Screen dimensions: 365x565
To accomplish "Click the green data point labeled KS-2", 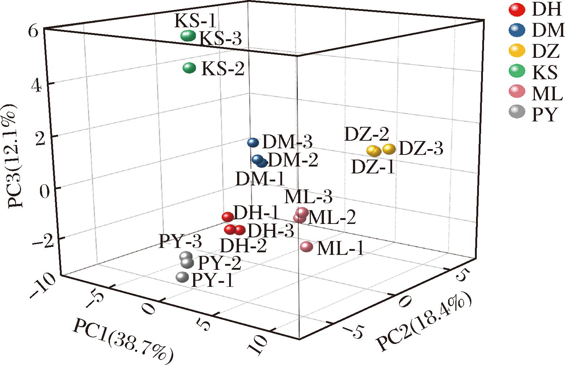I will pos(189,68).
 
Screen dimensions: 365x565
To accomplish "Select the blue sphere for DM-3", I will pos(253,143).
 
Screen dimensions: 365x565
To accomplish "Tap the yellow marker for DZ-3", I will pos(389,149).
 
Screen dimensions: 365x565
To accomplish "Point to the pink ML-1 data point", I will pos(307,247).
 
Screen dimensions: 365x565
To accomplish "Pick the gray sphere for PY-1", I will pos(182,277).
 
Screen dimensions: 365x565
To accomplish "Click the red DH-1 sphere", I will pos(228,217).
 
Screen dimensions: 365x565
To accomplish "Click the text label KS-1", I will pos(195,21).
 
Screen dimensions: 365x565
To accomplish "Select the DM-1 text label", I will pos(260,179).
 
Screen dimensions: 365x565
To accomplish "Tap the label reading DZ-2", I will pos(366,135).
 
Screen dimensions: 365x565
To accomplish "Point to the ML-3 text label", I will pos(308,197).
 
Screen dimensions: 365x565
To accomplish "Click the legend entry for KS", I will pos(544,72).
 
